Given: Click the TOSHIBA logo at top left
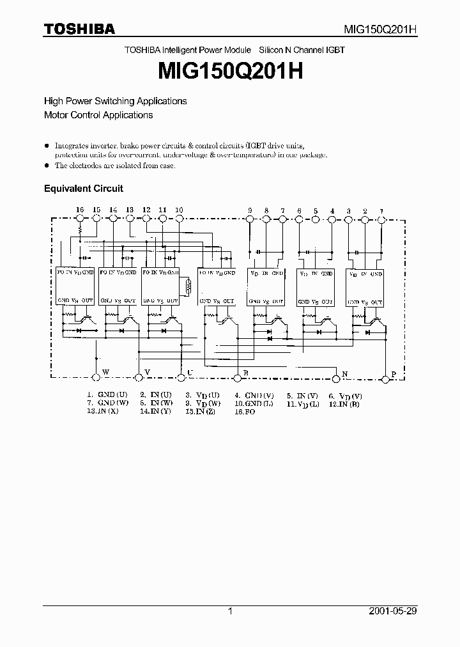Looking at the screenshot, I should point(79,29).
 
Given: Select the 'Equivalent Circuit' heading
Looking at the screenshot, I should point(83,189).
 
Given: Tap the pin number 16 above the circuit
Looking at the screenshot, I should point(80,210).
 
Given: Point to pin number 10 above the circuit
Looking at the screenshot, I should point(179,210).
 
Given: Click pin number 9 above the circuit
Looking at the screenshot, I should point(250,210).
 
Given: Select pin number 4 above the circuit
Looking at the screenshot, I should point(332,210).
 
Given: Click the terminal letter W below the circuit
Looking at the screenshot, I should point(105,371).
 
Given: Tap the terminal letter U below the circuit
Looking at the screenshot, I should point(190,371).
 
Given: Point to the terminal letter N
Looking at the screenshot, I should point(345,373).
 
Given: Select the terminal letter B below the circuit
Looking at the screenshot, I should point(246,372).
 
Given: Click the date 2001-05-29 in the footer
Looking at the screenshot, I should point(394,611).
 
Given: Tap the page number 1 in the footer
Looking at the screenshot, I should point(230,611).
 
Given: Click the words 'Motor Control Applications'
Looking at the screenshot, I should point(98,115).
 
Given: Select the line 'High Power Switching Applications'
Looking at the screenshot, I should point(115,101).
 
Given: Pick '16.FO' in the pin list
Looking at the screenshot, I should point(245,412).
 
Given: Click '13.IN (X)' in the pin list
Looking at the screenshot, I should point(103,412).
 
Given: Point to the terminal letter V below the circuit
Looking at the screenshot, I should point(148,371).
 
